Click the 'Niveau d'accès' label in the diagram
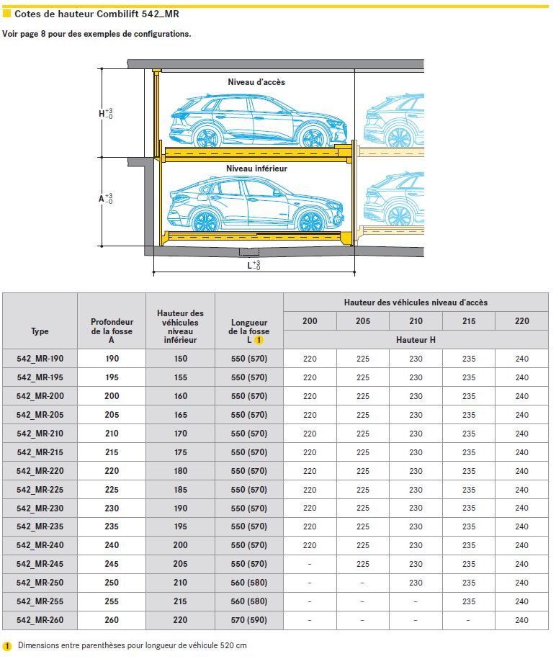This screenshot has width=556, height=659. tap(256, 82)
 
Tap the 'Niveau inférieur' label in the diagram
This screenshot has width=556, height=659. tap(256, 169)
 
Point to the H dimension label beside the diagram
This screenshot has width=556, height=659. tap(104, 114)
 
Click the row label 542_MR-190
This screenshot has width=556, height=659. tap(40, 359)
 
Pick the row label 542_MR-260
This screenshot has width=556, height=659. tap(40, 620)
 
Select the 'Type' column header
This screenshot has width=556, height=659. tap(40, 331)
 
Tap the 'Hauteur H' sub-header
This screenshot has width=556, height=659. tap(416, 339)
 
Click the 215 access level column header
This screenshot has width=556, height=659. tap(469, 321)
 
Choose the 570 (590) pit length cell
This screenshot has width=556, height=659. tap(249, 620)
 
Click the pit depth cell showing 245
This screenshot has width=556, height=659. tap(112, 564)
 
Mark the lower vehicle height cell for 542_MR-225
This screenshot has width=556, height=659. tap(180, 490)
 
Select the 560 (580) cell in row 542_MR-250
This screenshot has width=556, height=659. tap(249, 583)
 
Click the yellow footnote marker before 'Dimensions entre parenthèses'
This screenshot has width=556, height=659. tap(7, 646)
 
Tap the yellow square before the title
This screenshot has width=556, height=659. tap(7, 14)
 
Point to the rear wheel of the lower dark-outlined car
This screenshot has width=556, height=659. tap(205, 221)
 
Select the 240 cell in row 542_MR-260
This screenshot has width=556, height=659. tap(522, 620)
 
